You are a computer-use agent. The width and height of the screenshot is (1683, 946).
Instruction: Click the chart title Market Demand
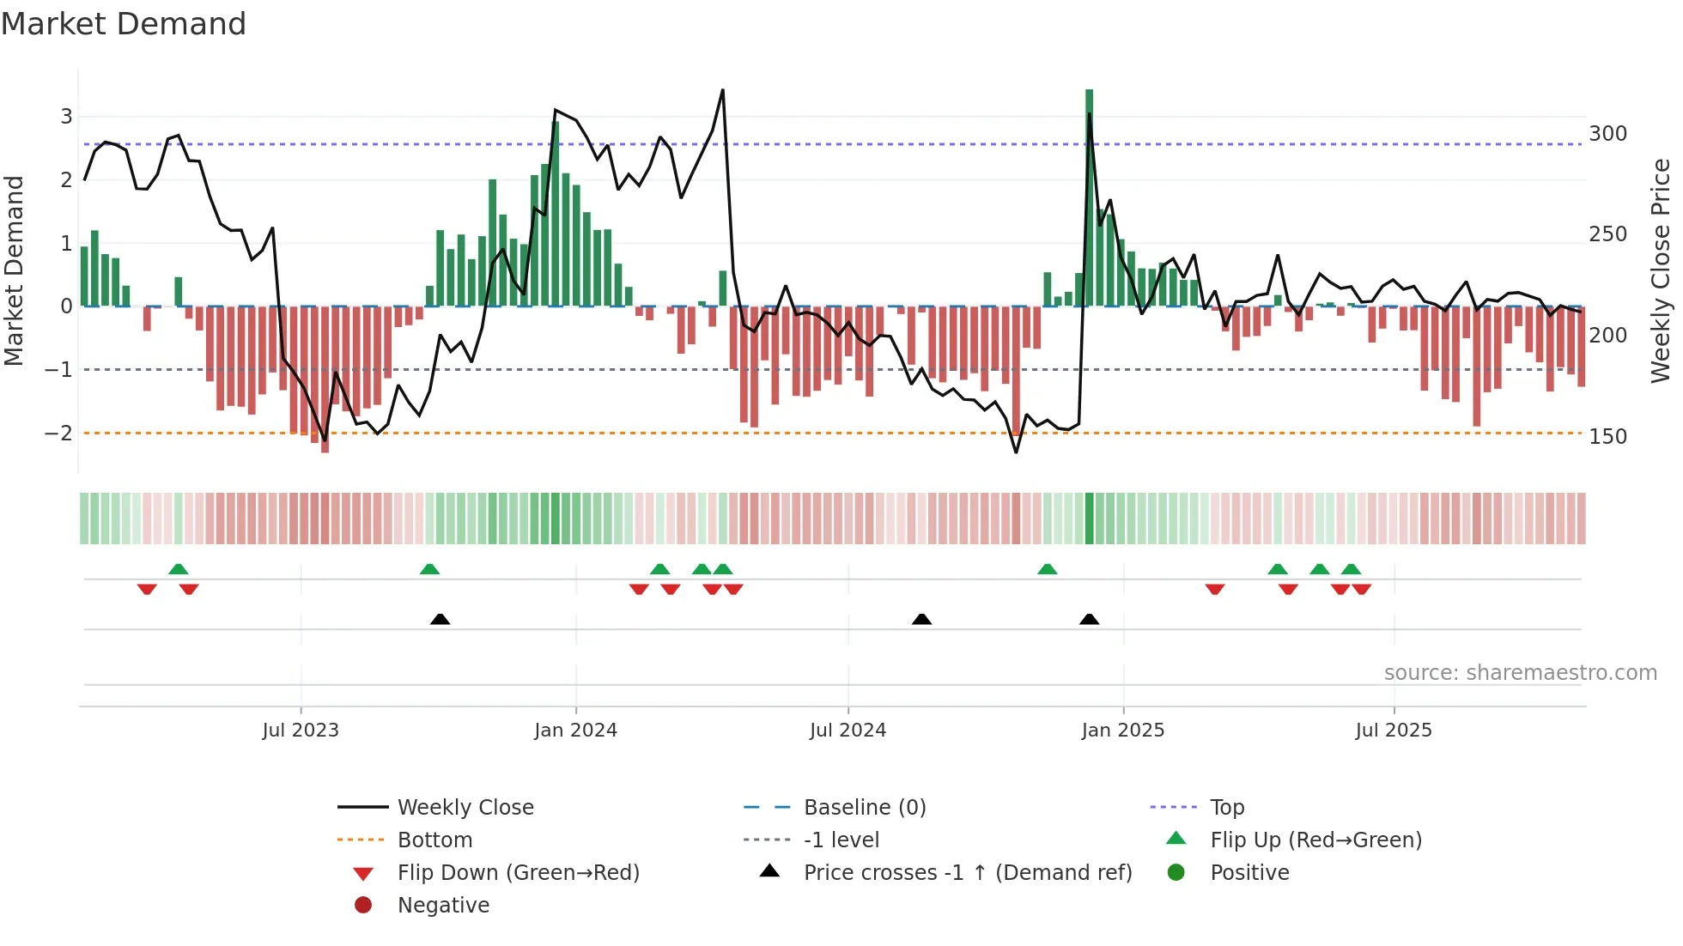point(124,24)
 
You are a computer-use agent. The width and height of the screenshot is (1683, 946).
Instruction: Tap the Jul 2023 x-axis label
point(301,731)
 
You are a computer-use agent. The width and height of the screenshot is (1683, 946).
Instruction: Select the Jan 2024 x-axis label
point(575,731)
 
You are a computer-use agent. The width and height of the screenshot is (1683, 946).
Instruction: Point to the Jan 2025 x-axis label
point(1122,731)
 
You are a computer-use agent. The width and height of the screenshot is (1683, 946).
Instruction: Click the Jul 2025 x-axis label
point(1394,731)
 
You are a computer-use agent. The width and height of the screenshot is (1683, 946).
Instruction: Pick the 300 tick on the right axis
point(1607,134)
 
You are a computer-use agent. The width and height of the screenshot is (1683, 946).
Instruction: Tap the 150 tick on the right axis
point(1607,437)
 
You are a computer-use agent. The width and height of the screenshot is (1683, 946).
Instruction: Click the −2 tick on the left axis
point(58,434)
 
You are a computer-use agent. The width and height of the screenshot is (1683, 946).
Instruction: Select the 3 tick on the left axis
point(66,117)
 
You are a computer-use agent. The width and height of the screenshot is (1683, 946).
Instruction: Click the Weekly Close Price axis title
point(1661,270)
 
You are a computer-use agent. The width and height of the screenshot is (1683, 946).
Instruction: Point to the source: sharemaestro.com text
point(1520,673)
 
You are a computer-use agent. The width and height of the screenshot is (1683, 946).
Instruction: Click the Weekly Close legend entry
point(465,808)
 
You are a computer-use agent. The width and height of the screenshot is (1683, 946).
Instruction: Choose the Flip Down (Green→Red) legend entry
point(518,873)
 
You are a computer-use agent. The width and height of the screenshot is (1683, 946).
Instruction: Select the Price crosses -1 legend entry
point(967,873)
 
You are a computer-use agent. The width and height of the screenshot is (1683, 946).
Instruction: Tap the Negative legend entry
point(443,906)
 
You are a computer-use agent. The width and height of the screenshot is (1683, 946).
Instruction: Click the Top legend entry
point(1227,808)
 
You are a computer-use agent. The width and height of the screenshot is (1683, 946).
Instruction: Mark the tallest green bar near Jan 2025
point(1089,197)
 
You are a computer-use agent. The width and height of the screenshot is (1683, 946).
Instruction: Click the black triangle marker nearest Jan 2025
point(1089,619)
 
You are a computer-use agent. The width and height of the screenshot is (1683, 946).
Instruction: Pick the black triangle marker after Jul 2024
point(921,619)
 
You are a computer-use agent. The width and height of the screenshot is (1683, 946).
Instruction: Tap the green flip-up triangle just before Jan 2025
point(1047,569)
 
